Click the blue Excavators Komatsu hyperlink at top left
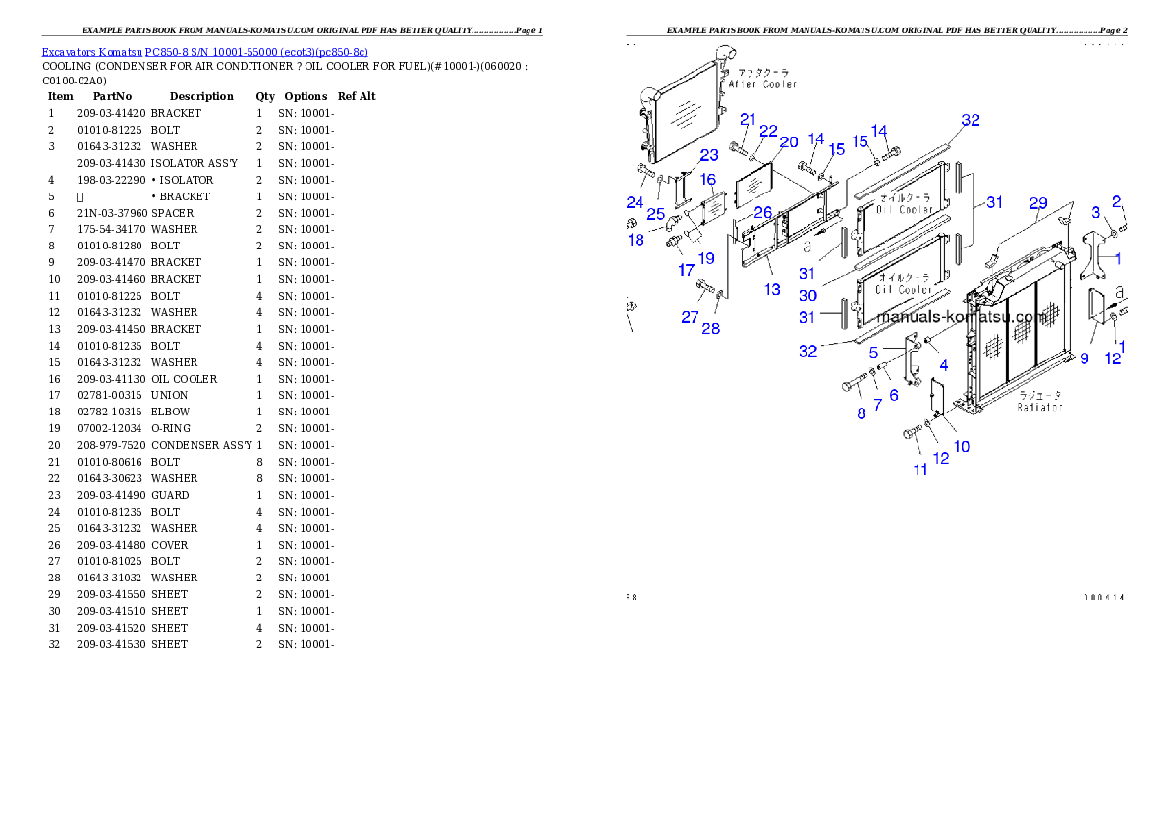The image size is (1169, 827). click(204, 52)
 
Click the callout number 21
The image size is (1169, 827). click(748, 120)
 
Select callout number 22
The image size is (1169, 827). click(768, 132)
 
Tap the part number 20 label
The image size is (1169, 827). click(789, 142)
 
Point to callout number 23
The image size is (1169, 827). click(709, 155)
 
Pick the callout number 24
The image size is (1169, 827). click(636, 203)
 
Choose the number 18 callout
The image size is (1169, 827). click(636, 240)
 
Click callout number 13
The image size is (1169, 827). click(773, 289)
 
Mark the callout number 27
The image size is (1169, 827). click(690, 317)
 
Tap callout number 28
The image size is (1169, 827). click(710, 329)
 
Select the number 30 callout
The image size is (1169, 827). click(807, 295)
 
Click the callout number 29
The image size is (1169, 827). click(1038, 203)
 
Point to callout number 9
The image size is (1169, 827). click(1085, 358)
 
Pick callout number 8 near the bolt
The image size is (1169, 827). click(862, 413)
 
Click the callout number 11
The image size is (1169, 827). click(920, 469)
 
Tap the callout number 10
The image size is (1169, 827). click(962, 446)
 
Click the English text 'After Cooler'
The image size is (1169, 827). click(763, 84)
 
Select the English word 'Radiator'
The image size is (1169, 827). click(1040, 406)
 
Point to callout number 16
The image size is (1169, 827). click(708, 180)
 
